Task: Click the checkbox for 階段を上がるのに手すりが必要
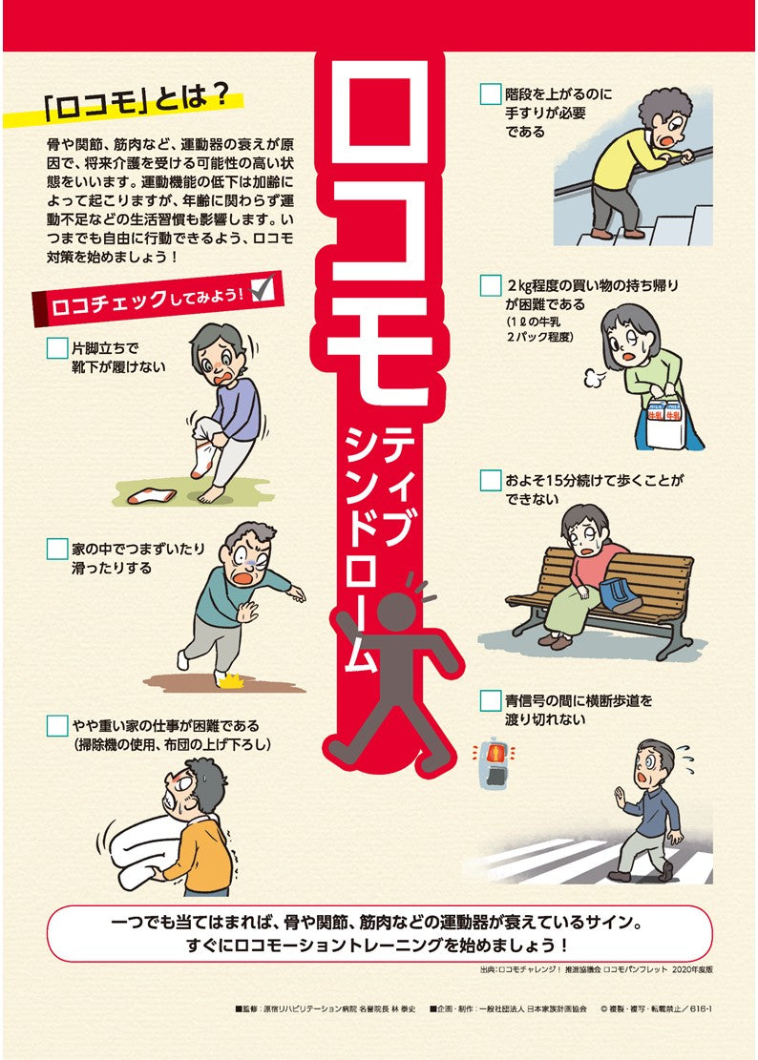click(490, 94)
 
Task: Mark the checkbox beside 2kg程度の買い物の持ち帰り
click(490, 285)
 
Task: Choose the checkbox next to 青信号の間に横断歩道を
click(490, 701)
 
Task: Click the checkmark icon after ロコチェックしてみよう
click(263, 287)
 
